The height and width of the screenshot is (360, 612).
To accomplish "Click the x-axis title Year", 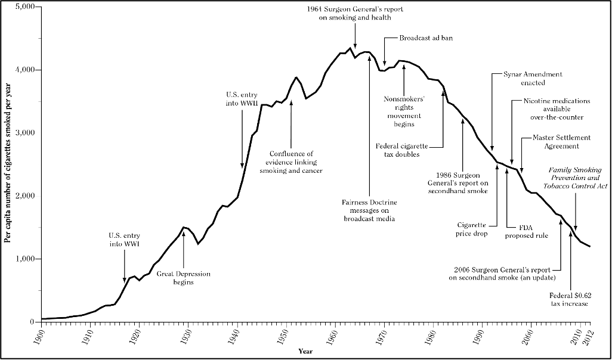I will (305, 351).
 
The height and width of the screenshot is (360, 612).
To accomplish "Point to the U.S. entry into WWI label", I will (124, 240).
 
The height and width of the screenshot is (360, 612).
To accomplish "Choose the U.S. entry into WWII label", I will (242, 98).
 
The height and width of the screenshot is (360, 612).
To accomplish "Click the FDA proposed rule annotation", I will (526, 231).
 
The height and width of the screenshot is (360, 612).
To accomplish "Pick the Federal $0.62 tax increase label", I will (568, 299).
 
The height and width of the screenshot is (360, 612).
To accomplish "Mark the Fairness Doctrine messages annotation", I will (370, 210).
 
